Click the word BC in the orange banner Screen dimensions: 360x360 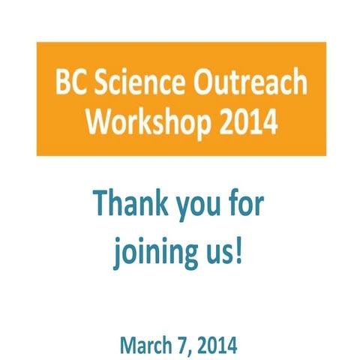(70, 84)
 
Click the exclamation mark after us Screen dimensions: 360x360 (240, 250)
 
